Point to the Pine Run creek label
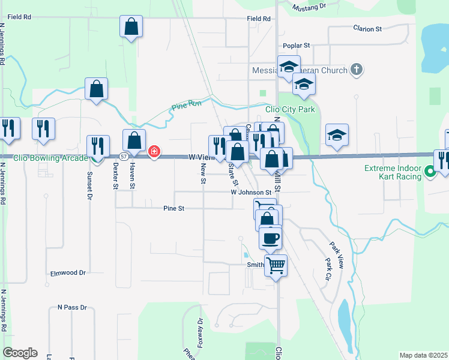point(183,107)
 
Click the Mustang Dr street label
point(308,7)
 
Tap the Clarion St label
point(367,29)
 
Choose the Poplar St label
point(296,46)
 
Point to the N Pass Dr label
point(72,307)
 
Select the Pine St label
point(173,208)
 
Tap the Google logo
point(20,352)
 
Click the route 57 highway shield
point(122,157)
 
